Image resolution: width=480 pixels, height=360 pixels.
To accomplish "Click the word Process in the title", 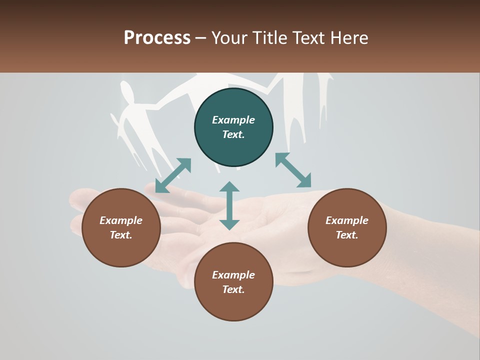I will coord(157,38).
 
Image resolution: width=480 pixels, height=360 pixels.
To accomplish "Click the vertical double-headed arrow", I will coord(229,205).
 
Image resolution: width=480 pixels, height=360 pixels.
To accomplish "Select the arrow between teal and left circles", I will coord(173,175).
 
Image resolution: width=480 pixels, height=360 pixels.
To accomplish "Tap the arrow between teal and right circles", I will coord(293,170).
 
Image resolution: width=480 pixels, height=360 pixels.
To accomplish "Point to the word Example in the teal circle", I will coord(233,120).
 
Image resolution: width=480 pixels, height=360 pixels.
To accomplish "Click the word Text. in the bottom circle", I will coord(233,289).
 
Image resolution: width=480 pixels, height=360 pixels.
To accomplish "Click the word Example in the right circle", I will coord(347,220).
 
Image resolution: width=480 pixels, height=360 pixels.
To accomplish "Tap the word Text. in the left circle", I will coord(121,235).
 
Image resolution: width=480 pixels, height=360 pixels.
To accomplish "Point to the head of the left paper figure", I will coord(127,93).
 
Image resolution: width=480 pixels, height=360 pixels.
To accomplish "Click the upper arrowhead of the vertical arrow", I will coord(229,188).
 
